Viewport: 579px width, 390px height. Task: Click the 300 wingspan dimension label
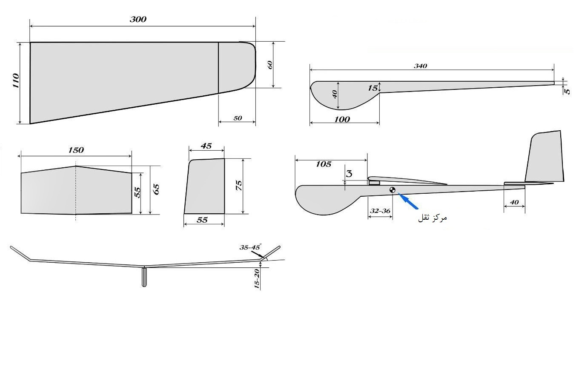click(138, 20)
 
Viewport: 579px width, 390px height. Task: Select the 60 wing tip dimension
click(269, 65)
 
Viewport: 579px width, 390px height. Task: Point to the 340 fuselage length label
click(421, 66)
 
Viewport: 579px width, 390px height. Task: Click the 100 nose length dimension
click(342, 119)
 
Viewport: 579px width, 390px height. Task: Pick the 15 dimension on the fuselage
click(373, 88)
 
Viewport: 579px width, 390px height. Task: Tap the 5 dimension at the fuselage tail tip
click(567, 91)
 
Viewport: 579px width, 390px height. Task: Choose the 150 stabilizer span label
click(76, 150)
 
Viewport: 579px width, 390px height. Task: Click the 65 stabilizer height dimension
click(156, 189)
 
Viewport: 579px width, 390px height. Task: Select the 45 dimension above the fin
click(206, 146)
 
